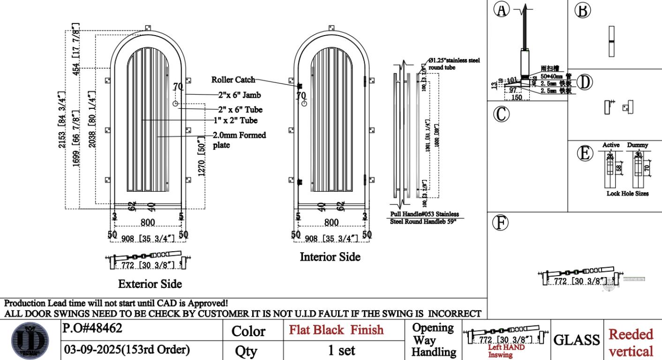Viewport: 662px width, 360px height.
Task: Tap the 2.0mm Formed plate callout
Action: point(239,140)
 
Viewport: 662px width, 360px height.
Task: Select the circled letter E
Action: point(584,154)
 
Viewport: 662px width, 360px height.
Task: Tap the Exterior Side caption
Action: point(150,284)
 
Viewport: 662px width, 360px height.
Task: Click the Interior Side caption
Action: point(330,257)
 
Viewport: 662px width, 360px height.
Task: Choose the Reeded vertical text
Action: point(631,342)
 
